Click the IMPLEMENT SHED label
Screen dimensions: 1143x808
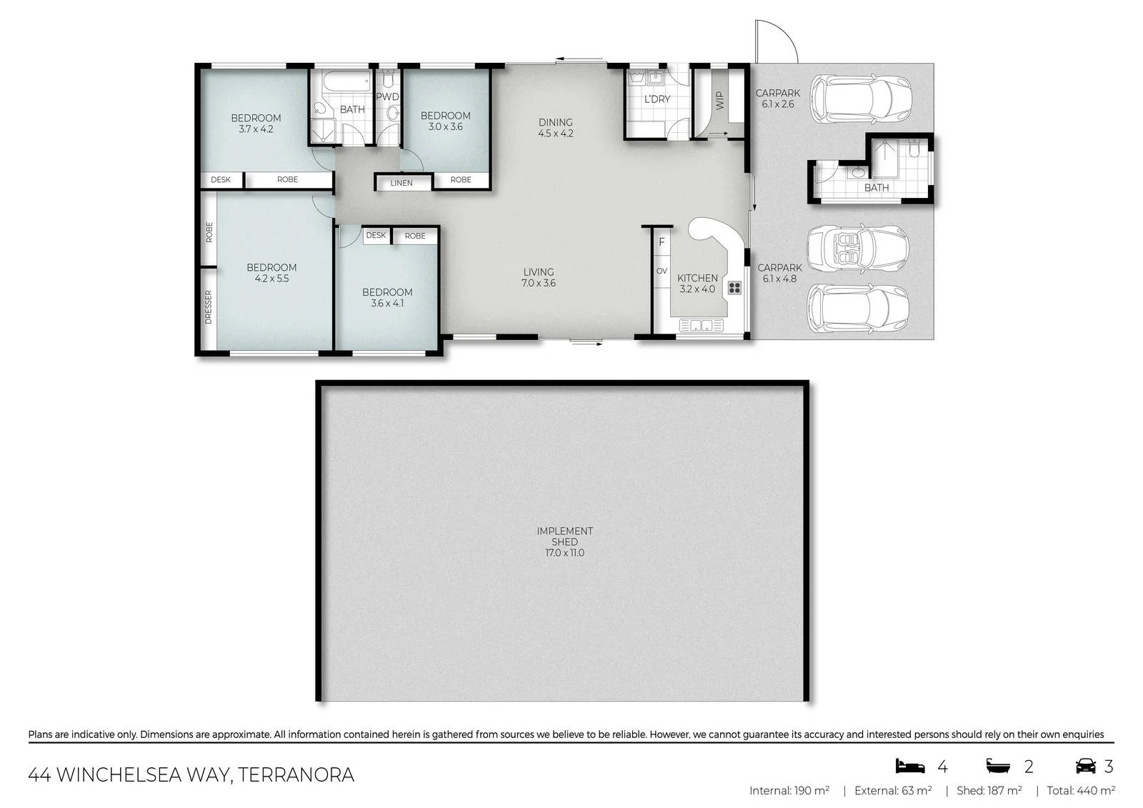pos(564,542)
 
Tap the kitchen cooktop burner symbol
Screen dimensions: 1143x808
pos(735,288)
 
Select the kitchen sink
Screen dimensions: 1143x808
pos(701,325)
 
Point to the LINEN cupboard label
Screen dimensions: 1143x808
pos(401,183)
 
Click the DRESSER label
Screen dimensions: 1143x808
pos(208,306)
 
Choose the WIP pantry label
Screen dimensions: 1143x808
pos(720,101)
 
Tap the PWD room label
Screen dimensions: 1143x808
pos(387,96)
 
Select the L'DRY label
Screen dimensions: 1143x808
pos(657,99)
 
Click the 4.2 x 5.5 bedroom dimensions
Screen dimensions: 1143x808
pos(271,279)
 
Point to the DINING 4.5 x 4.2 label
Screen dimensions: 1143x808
pos(556,128)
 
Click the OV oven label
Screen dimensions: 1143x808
pos(662,271)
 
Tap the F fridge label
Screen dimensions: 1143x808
pos(662,242)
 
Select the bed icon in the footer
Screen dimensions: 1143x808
pos(910,766)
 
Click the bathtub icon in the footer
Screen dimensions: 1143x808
pos(998,766)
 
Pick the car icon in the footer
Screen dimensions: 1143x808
pos(1086,766)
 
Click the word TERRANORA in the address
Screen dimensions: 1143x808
pos(296,775)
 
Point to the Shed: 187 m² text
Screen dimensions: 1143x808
pos(989,791)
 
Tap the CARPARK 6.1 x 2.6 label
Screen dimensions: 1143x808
pos(778,99)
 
